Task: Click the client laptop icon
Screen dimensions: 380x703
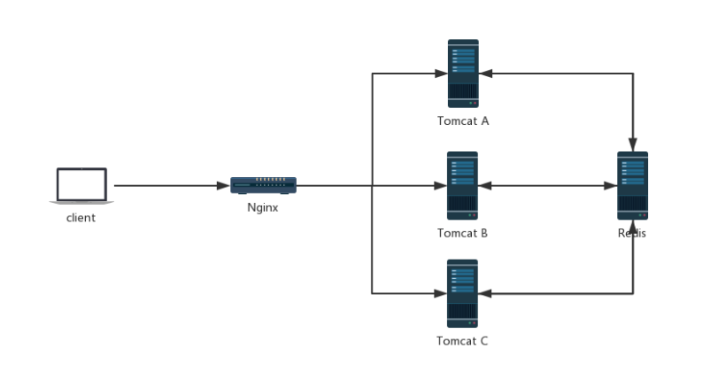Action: click(81, 186)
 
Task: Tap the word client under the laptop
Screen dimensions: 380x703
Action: click(81, 218)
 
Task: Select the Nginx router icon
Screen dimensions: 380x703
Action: click(263, 185)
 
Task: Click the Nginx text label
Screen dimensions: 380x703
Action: click(263, 208)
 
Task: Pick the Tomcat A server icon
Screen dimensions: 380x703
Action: click(462, 73)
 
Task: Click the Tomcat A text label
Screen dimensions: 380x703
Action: click(462, 121)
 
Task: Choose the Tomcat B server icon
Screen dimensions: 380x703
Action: click(462, 185)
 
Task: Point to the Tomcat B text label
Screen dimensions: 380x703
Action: click(462, 234)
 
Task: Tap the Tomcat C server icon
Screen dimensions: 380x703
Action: click(462, 293)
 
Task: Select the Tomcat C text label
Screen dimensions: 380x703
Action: click(462, 341)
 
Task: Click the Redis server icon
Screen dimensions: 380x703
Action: click(632, 185)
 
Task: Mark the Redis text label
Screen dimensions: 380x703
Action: click(632, 234)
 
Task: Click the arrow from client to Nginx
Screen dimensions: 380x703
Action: click(168, 186)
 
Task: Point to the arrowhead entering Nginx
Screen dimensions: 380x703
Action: click(224, 186)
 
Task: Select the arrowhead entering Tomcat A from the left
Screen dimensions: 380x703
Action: click(440, 74)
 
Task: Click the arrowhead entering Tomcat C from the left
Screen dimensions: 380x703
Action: click(440, 292)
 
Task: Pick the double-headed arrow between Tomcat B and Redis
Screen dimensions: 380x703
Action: click(547, 186)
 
